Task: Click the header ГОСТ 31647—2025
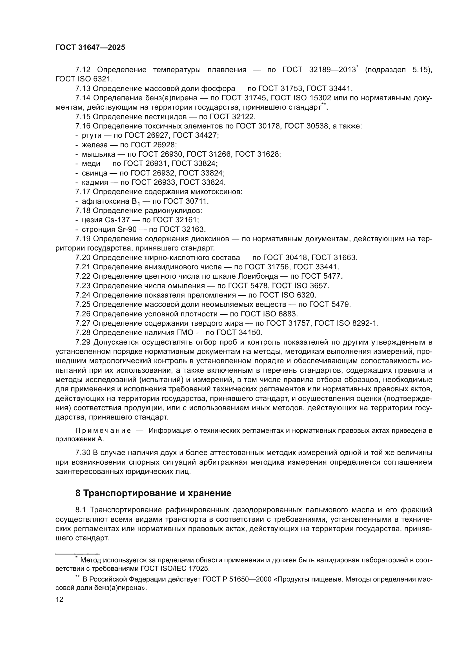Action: coord(90,48)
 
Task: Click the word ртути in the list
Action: coord(92,136)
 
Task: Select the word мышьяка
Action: coord(98,154)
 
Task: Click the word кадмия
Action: coord(95,183)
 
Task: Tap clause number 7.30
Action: coord(83,453)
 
